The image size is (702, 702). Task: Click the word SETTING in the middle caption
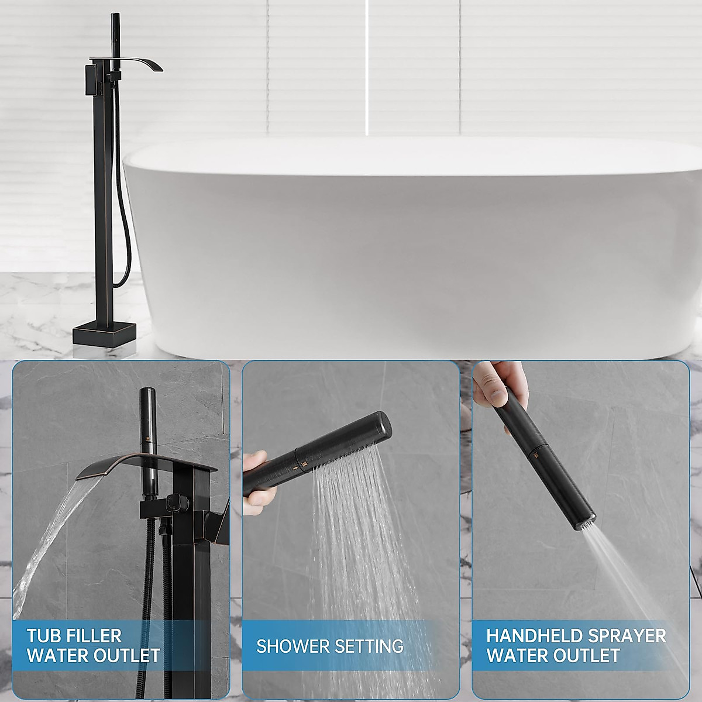point(369,646)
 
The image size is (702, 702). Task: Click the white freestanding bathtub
point(409,246)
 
